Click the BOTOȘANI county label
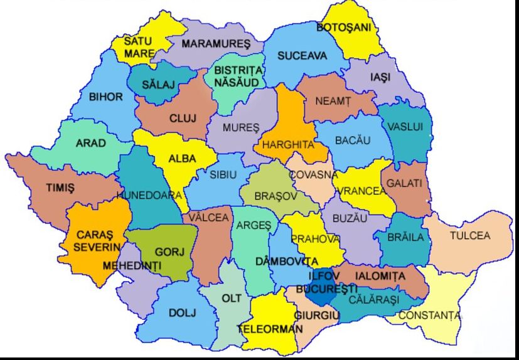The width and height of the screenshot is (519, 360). click(343, 28)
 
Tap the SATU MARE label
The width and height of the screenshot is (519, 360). click(138, 47)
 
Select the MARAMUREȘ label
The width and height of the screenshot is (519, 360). click(216, 44)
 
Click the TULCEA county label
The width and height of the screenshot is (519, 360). click(469, 236)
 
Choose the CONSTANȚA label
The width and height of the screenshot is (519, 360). click(430, 315)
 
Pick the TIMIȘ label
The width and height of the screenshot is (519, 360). click(60, 188)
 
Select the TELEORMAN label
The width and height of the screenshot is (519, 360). click(270, 329)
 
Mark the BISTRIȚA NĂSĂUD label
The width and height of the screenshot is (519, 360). click(238, 75)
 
